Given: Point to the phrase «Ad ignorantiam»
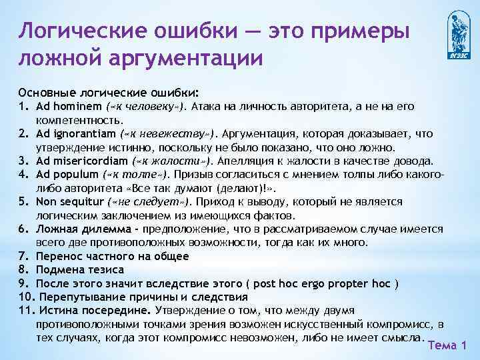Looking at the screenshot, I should (71, 133).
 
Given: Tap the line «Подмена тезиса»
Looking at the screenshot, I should (77, 269).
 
